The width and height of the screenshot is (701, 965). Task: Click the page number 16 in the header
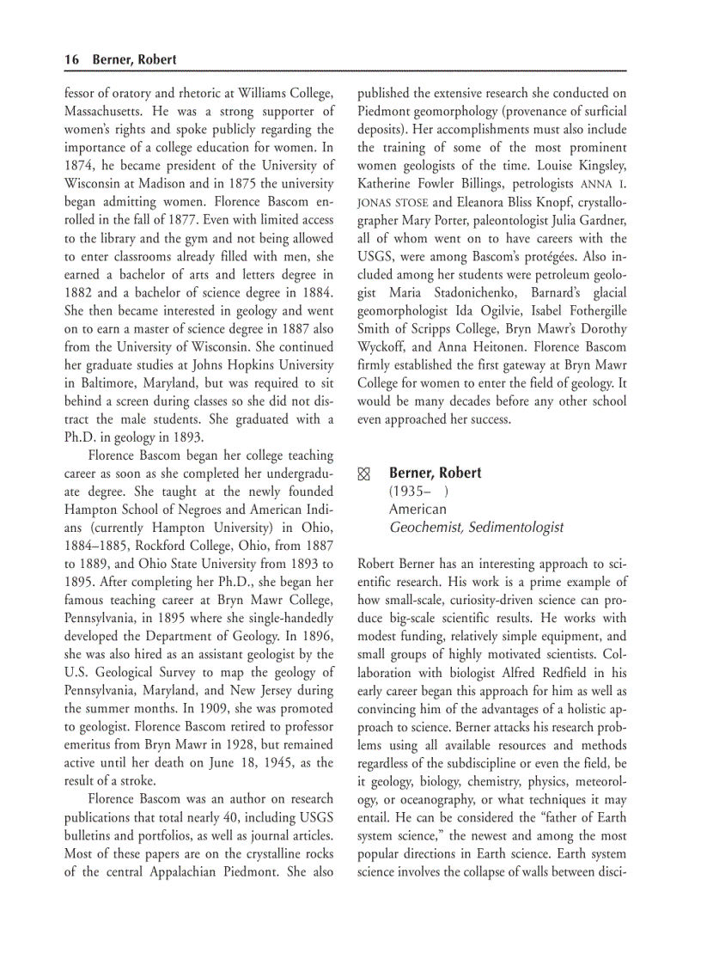pyautogui.click(x=71, y=59)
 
